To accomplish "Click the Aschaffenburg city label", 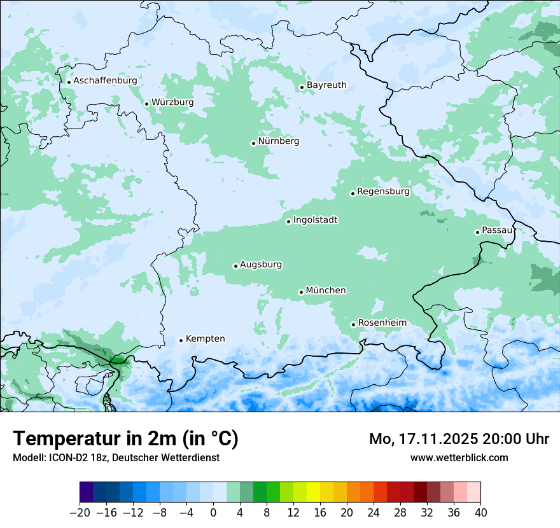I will pyautogui.click(x=105, y=81).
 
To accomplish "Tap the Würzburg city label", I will pyautogui.click(x=172, y=102).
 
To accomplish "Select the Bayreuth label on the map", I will pyautogui.click(x=326, y=85).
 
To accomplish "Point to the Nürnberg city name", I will pyautogui.click(x=278, y=141).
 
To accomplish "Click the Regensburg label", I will pyautogui.click(x=383, y=191).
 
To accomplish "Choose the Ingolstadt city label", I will pyautogui.click(x=315, y=220).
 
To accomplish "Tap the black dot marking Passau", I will pyautogui.click(x=477, y=232).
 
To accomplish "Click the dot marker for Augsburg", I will pyautogui.click(x=235, y=266).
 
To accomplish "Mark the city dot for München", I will pyautogui.click(x=301, y=292).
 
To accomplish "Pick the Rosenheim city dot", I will pyautogui.click(x=353, y=324).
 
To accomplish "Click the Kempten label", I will pyautogui.click(x=205, y=339).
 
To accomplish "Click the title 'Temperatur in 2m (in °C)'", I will pyautogui.click(x=125, y=439).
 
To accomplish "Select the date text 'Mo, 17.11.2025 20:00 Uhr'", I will pyautogui.click(x=459, y=439).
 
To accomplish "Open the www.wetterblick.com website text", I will pyautogui.click(x=459, y=457).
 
